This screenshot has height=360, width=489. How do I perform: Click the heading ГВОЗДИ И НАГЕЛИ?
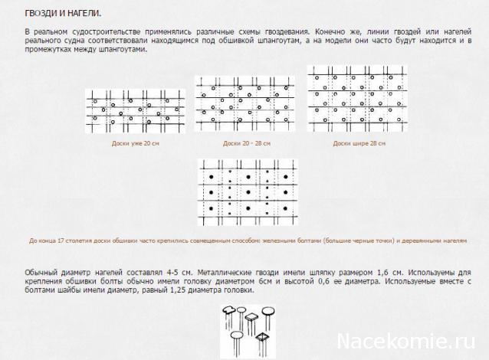pos(63,15)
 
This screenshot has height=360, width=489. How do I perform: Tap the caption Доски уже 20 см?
pos(135,143)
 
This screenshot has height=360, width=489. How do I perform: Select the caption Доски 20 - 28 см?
pos(247,143)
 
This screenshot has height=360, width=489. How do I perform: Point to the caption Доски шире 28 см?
pos(359,143)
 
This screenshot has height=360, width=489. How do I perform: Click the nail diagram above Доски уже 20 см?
pos(135,112)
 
